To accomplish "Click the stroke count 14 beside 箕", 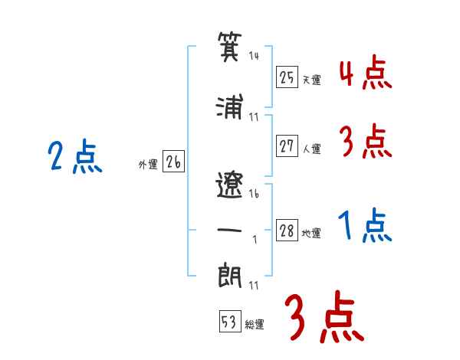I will (255, 57).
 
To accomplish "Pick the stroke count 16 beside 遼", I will (255, 194).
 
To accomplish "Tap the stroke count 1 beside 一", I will (254, 238).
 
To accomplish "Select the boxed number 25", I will (287, 77).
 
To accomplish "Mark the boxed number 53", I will (229, 322).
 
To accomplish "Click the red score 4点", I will (365, 73).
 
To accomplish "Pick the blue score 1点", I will (365, 226).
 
